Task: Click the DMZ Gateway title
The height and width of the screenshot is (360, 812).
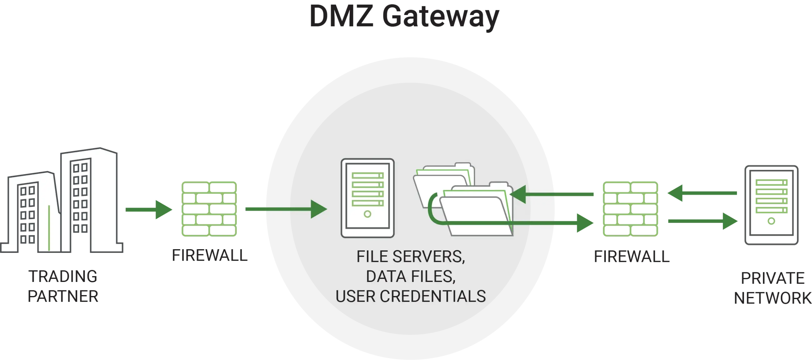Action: [x=404, y=16]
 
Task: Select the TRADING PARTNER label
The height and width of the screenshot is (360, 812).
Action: [x=63, y=286]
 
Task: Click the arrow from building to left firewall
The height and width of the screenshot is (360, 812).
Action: [x=149, y=210]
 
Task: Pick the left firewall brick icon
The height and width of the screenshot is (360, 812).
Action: [x=209, y=208]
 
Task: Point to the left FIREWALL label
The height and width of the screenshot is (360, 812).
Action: [x=210, y=255]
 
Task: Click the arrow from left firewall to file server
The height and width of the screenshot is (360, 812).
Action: [x=285, y=209]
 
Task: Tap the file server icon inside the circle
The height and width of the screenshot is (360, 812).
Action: [x=368, y=198]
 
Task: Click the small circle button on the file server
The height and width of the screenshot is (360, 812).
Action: [x=367, y=214]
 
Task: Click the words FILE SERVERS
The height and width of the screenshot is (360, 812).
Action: [x=410, y=257]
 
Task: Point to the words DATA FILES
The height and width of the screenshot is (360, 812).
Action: [x=410, y=276]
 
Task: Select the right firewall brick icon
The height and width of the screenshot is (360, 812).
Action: [x=631, y=208]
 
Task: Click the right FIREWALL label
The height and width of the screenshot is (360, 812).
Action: [x=631, y=256]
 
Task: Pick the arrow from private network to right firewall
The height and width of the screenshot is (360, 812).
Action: [x=702, y=193]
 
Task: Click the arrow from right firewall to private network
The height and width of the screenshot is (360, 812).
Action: [x=703, y=222]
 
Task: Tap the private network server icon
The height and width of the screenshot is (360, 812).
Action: [x=771, y=206]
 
